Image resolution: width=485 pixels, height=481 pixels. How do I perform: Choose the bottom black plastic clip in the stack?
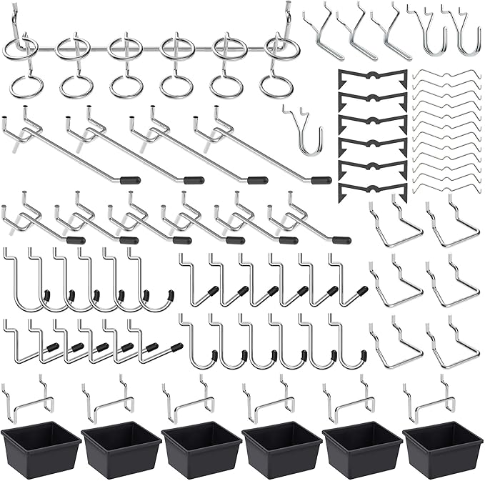pos(372,189)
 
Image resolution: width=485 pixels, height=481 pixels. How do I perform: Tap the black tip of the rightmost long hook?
pos(321,180)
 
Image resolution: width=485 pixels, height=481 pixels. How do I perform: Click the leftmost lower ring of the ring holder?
pos(26,86)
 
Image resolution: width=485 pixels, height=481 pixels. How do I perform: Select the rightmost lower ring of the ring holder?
pos(276,86)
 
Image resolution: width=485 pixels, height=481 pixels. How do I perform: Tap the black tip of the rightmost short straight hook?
pos(342,240)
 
